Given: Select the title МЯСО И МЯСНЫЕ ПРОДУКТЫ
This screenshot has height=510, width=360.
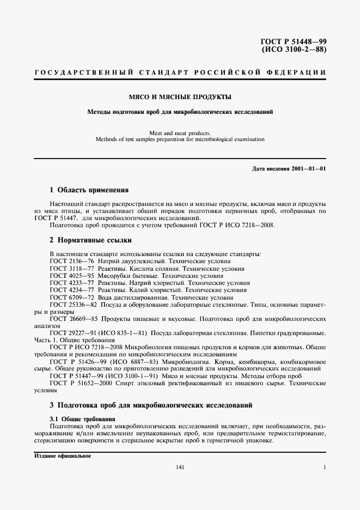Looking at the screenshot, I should (180, 97).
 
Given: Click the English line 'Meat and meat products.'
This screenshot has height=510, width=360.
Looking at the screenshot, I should (180, 132).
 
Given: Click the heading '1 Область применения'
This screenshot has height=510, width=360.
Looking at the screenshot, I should (89, 190).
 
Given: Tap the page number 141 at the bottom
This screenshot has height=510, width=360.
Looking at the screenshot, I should (180, 467).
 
